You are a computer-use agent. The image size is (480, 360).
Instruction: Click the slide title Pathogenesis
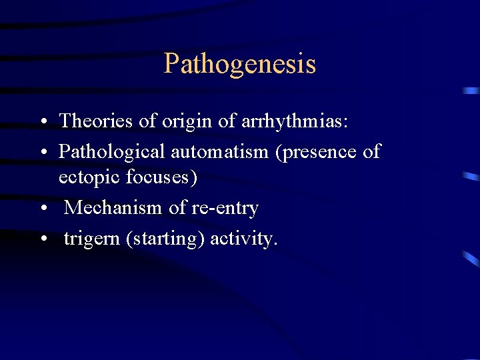(x=239, y=65)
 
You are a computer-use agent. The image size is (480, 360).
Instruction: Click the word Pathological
(x=112, y=151)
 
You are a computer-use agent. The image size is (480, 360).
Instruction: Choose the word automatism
(x=220, y=151)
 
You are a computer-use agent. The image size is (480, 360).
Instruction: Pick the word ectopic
(x=87, y=178)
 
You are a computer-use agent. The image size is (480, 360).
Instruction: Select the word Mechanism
(x=114, y=208)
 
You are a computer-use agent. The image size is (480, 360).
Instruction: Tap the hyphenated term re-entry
(x=225, y=208)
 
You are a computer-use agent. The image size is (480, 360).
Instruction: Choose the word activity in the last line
(x=243, y=239)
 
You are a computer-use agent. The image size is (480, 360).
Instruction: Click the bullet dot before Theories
(x=42, y=122)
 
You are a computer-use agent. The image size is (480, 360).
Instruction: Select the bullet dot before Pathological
(x=42, y=153)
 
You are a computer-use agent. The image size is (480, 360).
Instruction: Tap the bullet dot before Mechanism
(x=42, y=209)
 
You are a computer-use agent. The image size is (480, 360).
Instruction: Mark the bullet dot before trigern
(x=42, y=240)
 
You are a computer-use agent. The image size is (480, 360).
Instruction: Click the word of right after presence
(x=371, y=151)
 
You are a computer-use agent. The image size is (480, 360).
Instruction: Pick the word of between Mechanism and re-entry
(x=177, y=208)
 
